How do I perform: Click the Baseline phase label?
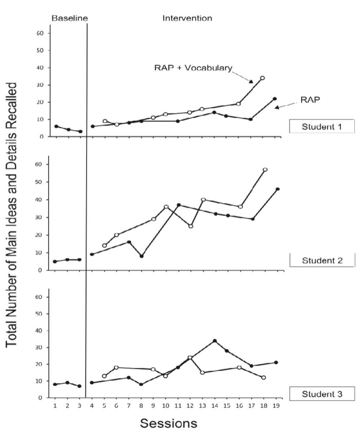pyautogui.click(x=69, y=18)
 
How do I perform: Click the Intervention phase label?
pyautogui.click(x=187, y=18)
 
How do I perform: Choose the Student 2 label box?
pyautogui.click(x=321, y=260)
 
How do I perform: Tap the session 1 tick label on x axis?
pyautogui.click(x=55, y=406)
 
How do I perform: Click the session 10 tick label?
pyautogui.click(x=166, y=406)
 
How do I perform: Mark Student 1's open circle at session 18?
pyautogui.click(x=262, y=78)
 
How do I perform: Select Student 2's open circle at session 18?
pyautogui.click(x=265, y=169)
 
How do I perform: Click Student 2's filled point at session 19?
pyautogui.click(x=277, y=189)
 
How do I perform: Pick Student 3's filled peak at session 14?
pyautogui.click(x=215, y=341)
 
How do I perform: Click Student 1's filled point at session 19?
pyautogui.click(x=274, y=99)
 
